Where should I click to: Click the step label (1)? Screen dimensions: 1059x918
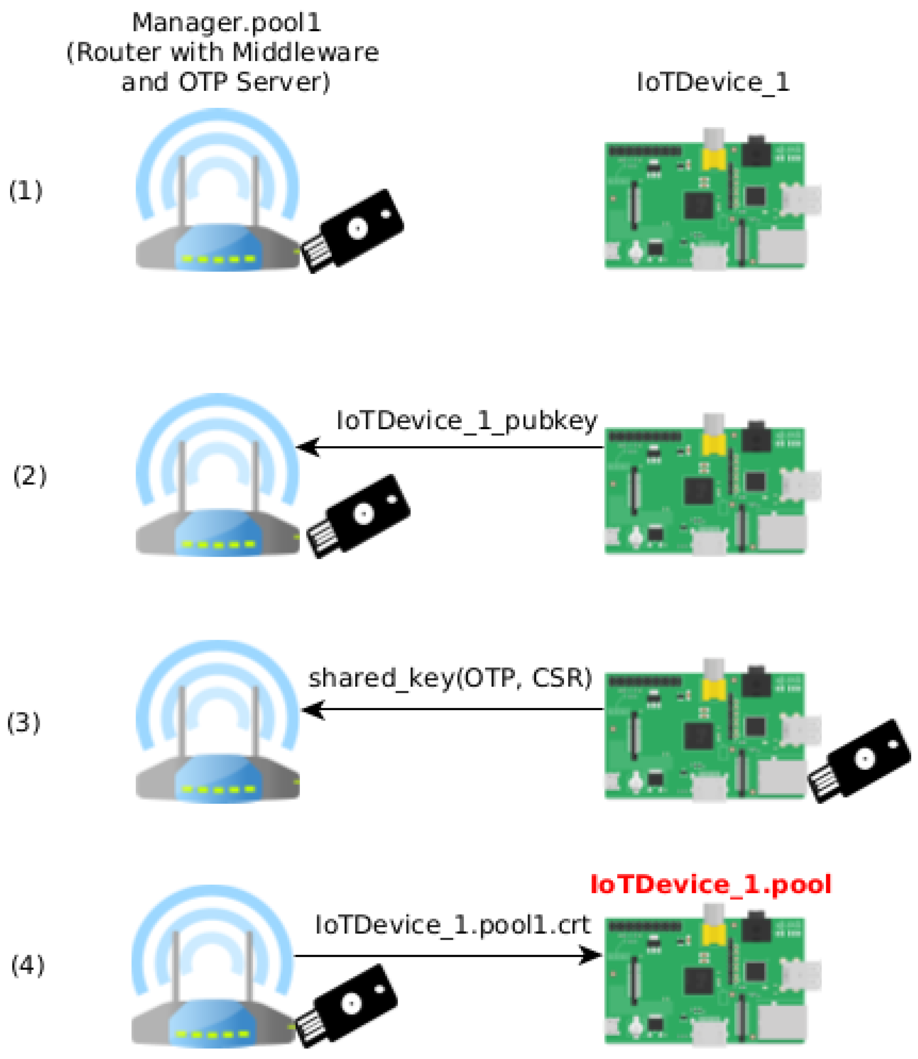[x=26, y=191]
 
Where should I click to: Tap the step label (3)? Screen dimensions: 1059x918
[x=23, y=723]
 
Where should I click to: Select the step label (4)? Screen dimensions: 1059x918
[x=28, y=965]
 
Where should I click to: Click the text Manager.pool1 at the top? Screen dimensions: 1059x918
[x=226, y=23]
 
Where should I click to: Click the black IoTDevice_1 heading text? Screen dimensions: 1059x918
[x=712, y=82]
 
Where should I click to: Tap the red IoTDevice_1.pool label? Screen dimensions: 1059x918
[x=711, y=884]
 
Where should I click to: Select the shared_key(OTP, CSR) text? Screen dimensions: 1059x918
[x=450, y=678]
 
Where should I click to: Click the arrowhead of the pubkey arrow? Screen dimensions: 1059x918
[x=308, y=447]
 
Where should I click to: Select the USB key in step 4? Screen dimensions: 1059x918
[x=347, y=1006]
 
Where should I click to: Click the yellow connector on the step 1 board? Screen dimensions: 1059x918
[x=714, y=157]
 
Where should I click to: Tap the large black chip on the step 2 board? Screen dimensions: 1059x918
[x=698, y=491]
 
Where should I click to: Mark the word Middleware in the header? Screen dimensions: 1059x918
[x=305, y=52]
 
